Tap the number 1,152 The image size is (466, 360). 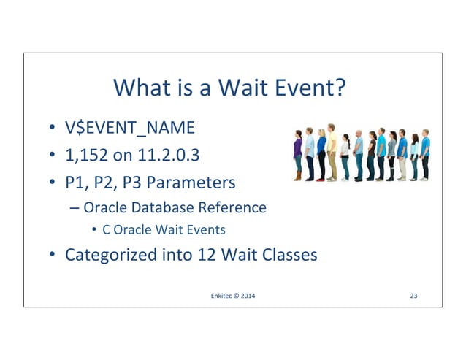87,154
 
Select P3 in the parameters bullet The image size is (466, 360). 142,180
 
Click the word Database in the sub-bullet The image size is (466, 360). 163,207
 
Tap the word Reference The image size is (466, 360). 231,207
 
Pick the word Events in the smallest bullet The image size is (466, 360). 208,230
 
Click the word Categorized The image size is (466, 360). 110,256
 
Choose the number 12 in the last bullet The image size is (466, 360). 207,256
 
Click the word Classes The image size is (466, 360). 291,256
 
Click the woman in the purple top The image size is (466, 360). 297,150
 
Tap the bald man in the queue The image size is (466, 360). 358,150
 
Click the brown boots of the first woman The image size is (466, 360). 297,176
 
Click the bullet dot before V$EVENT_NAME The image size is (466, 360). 53,129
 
